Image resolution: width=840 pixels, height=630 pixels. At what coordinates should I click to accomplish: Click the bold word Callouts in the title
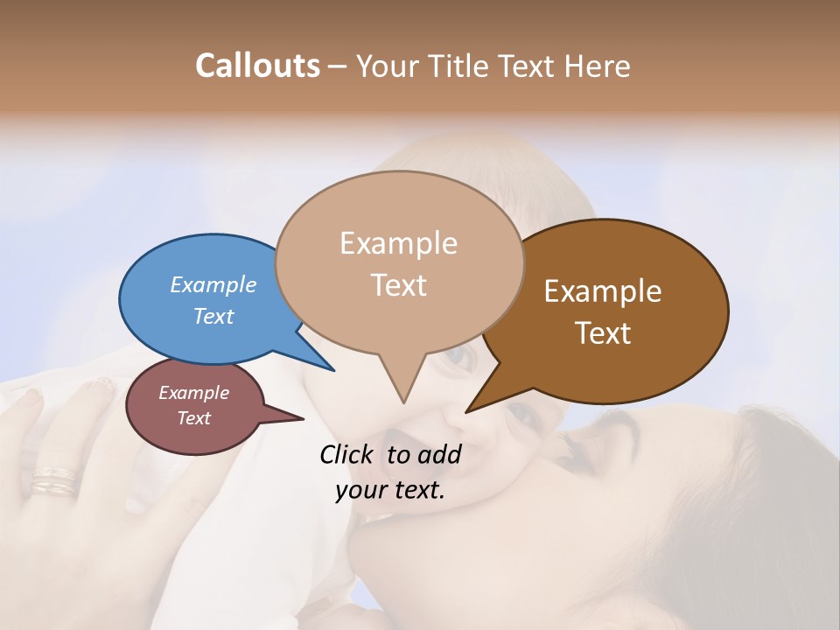(x=257, y=66)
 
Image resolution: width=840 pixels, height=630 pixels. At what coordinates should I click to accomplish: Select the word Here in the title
(x=598, y=66)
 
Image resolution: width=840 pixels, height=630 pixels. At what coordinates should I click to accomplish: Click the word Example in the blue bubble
(x=213, y=284)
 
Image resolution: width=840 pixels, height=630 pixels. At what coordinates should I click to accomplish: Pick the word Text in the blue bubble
(x=213, y=316)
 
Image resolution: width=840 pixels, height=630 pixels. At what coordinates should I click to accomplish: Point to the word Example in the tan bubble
(x=398, y=243)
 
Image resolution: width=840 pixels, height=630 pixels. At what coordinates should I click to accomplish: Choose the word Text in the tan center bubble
(x=399, y=285)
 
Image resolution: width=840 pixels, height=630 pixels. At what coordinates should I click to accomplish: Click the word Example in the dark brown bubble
(x=603, y=291)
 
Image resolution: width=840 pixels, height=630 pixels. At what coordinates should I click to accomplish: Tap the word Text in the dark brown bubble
(x=603, y=333)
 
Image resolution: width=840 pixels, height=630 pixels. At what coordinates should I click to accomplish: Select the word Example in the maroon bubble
(x=193, y=393)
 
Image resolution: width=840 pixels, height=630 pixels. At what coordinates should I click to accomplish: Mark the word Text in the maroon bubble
(x=193, y=418)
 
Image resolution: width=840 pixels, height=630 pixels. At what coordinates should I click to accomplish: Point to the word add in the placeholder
(x=440, y=454)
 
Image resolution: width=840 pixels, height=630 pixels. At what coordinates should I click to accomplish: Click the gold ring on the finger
(x=54, y=480)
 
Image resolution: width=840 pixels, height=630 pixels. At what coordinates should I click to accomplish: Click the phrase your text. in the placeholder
(x=390, y=490)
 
